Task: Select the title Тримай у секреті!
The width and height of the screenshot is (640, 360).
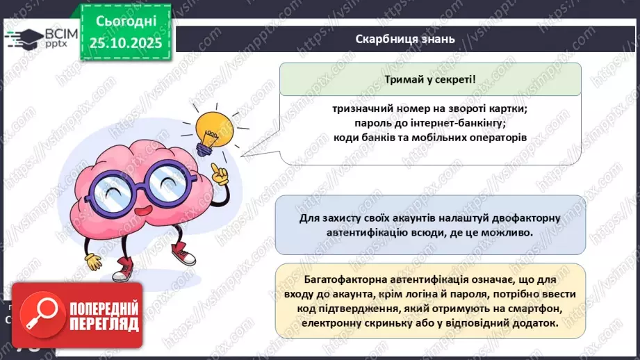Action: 430,79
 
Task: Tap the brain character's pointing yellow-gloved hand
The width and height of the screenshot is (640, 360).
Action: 220,173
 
